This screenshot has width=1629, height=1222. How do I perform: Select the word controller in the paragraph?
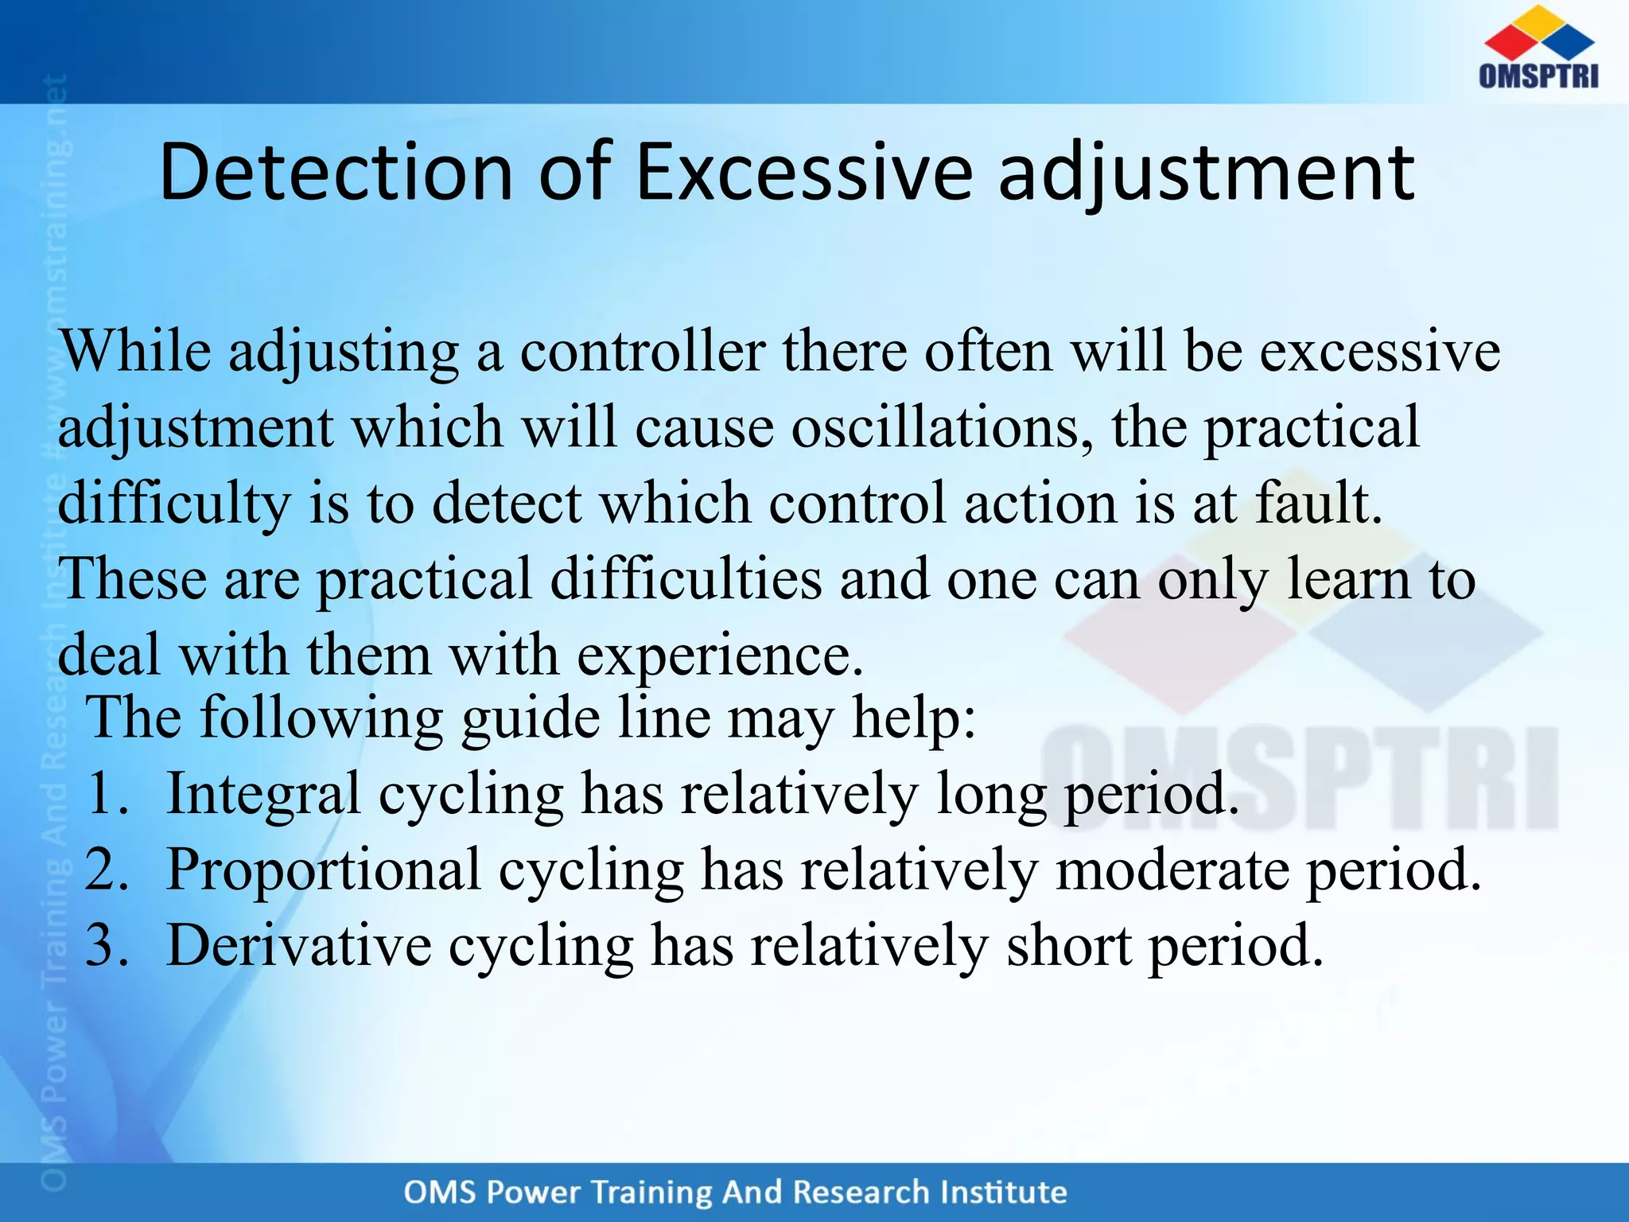click(x=642, y=352)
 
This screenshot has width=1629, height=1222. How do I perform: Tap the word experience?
click(x=719, y=656)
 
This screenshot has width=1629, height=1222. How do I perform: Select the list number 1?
click(x=107, y=793)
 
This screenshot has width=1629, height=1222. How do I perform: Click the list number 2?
click(x=107, y=869)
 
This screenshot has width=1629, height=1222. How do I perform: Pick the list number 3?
click(x=107, y=945)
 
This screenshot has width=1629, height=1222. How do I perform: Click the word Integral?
click(x=263, y=793)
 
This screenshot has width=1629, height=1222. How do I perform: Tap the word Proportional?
click(x=324, y=869)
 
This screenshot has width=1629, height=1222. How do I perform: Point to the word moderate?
click(x=1172, y=869)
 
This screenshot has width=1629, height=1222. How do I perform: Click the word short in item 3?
click(x=1069, y=945)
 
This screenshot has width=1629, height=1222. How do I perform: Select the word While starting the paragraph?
click(x=136, y=352)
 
